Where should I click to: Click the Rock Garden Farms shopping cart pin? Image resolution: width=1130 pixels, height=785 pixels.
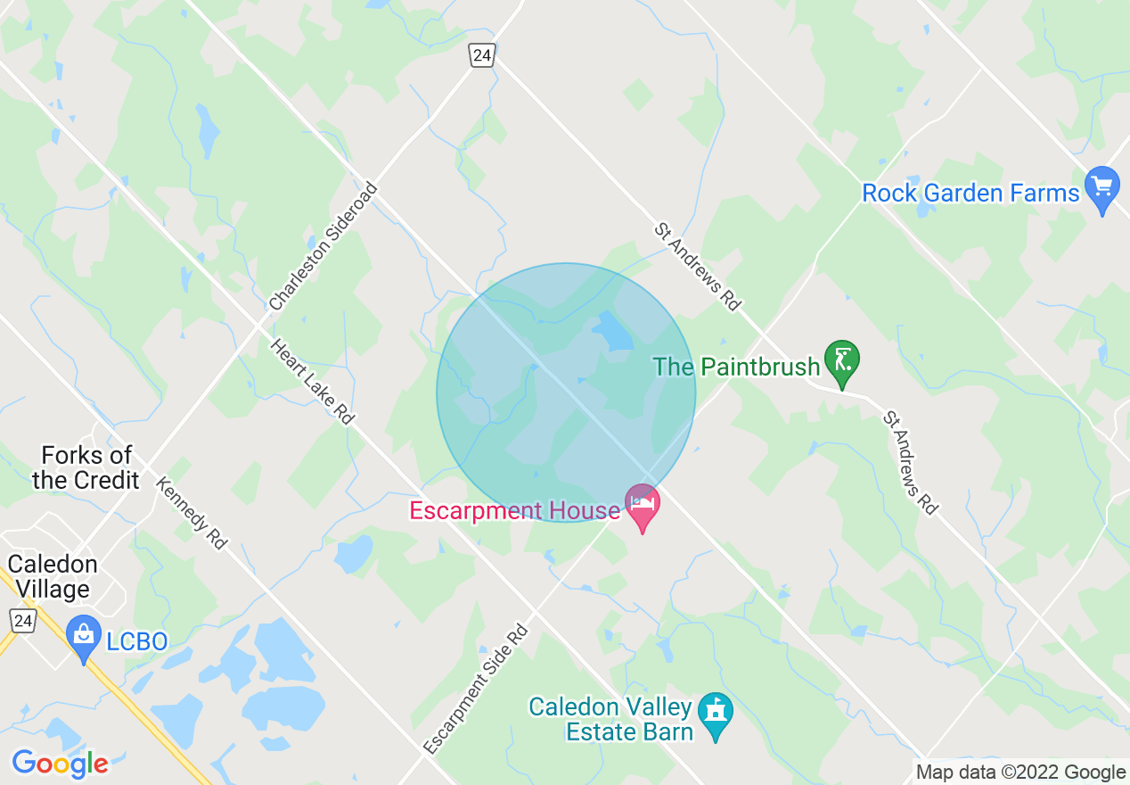click(x=1102, y=188)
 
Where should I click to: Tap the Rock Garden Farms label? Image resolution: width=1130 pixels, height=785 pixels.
click(x=970, y=193)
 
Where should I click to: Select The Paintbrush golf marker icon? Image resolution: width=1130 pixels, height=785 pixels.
click(x=842, y=362)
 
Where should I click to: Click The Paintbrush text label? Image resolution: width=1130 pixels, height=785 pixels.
click(x=736, y=367)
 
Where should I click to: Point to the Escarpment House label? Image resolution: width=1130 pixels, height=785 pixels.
click(x=514, y=511)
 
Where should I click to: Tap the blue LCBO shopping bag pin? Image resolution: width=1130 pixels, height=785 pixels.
click(x=85, y=637)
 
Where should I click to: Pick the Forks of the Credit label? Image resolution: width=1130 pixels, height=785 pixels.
click(x=86, y=467)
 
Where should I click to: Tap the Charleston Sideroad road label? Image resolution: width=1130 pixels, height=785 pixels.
click(x=323, y=247)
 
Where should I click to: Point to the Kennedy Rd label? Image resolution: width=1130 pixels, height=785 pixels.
click(x=191, y=512)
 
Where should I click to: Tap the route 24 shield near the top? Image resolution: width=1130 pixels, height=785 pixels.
click(x=481, y=56)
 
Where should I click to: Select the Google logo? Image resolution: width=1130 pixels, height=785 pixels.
click(x=60, y=764)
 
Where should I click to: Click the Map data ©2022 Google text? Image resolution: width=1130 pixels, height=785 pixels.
click(x=1020, y=773)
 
